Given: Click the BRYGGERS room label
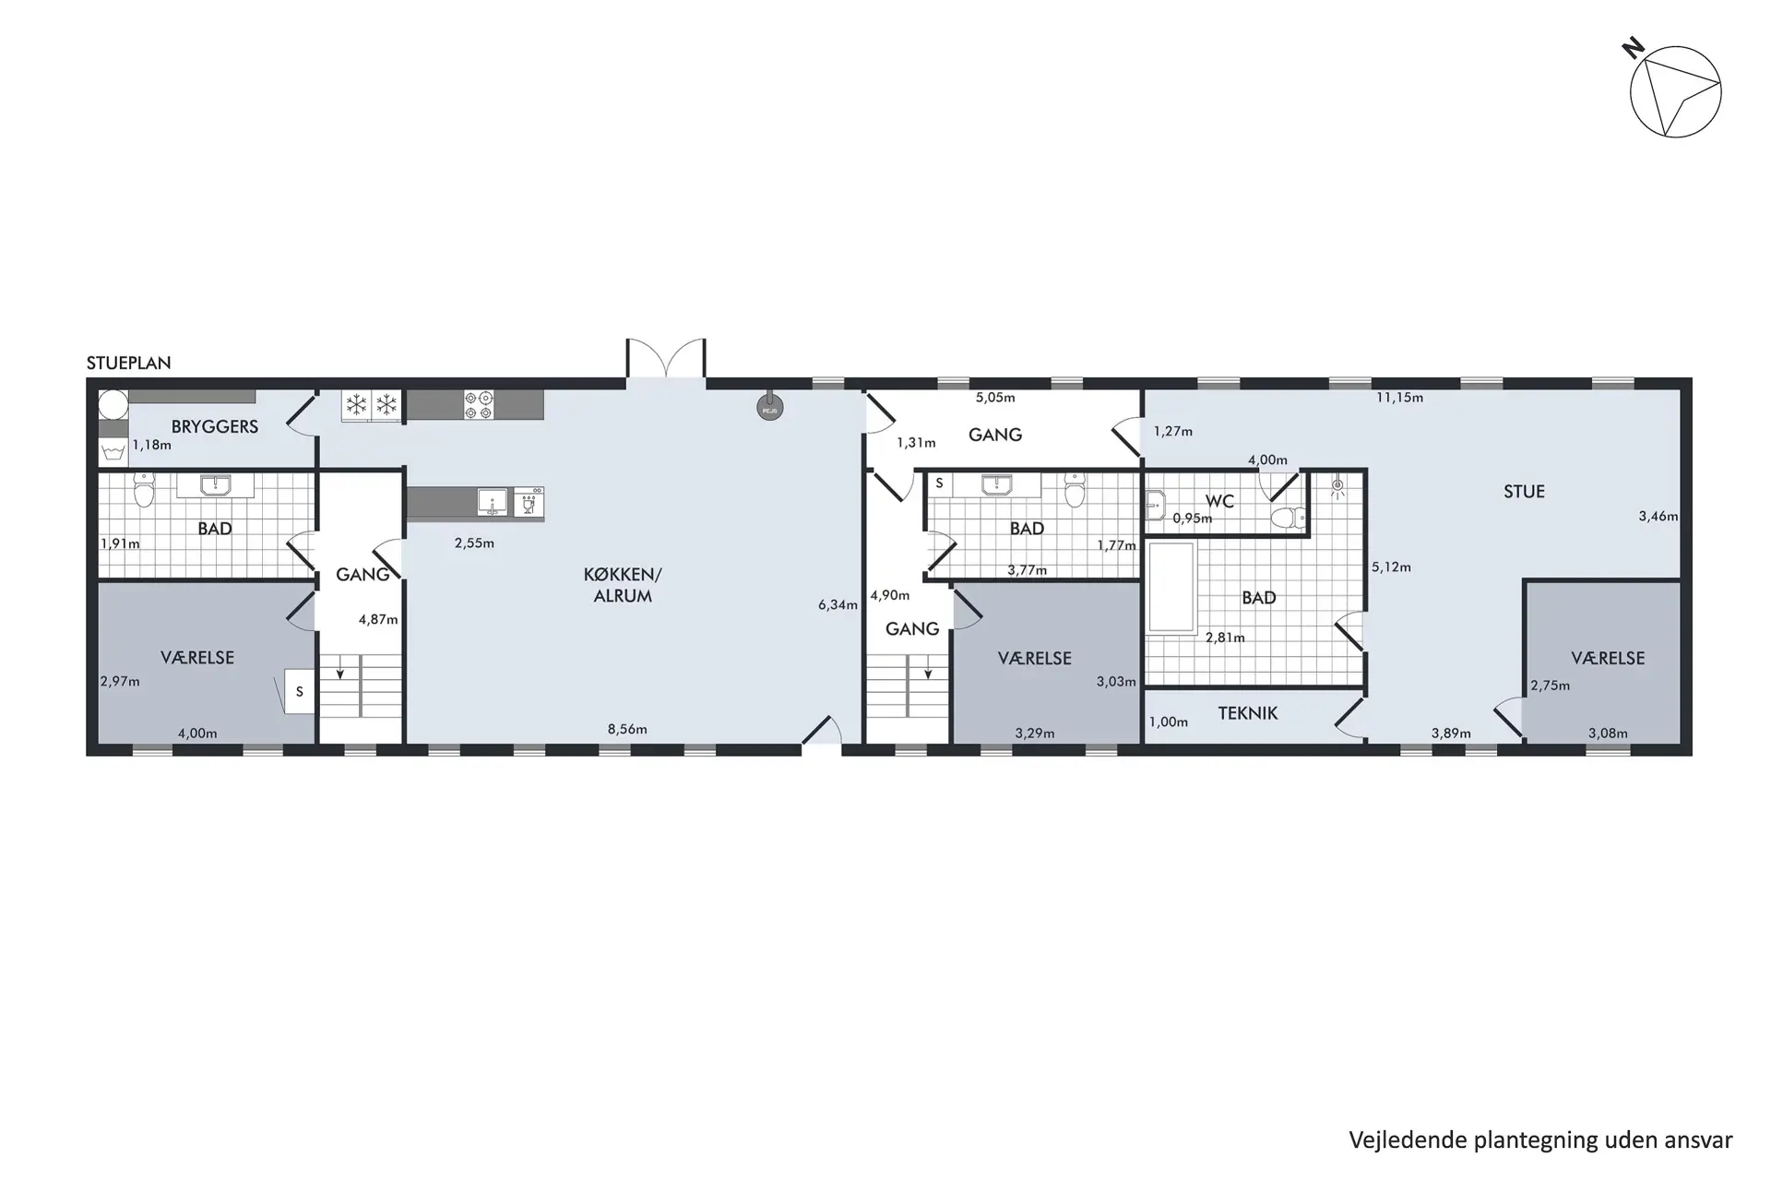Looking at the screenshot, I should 214,426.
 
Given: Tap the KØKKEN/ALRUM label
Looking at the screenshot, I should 623,585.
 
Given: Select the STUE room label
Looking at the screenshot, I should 1524,492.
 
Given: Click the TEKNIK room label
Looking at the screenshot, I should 1247,713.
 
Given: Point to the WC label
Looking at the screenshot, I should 1219,501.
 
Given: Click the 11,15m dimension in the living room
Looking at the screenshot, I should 1399,398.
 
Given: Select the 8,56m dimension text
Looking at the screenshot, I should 627,729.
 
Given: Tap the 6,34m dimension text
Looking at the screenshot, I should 838,605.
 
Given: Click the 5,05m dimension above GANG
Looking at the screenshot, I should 995,398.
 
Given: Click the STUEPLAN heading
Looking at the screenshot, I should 128,363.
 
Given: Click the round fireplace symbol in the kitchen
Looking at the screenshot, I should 769,407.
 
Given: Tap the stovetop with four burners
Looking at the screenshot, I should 479,405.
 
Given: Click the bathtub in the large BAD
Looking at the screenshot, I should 1171,588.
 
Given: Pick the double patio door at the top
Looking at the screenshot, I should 666,359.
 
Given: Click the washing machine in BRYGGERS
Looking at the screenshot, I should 113,451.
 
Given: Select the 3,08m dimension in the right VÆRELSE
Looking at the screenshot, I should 1608,734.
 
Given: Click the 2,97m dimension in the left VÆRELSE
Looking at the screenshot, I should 120,682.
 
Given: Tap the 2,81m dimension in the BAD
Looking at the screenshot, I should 1225,637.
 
